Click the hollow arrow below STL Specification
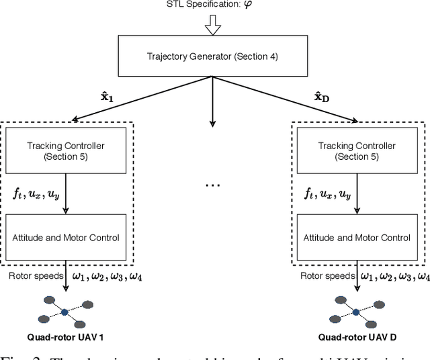coord(212,26)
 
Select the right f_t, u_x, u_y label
coord(325,193)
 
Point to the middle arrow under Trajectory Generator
coord(212,101)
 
